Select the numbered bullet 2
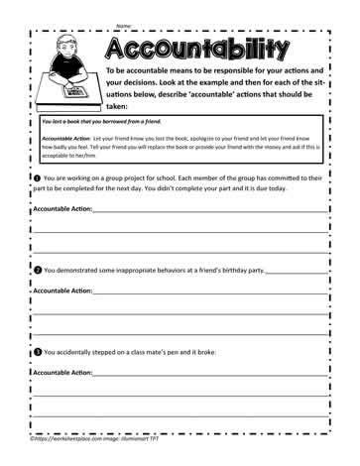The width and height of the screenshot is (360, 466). pos(37,269)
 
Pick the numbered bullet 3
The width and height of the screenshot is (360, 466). pos(37,352)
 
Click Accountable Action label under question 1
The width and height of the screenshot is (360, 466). pos(62,210)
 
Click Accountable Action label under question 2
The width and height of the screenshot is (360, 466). pos(62,291)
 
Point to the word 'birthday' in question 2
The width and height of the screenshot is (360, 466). pos(217,269)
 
